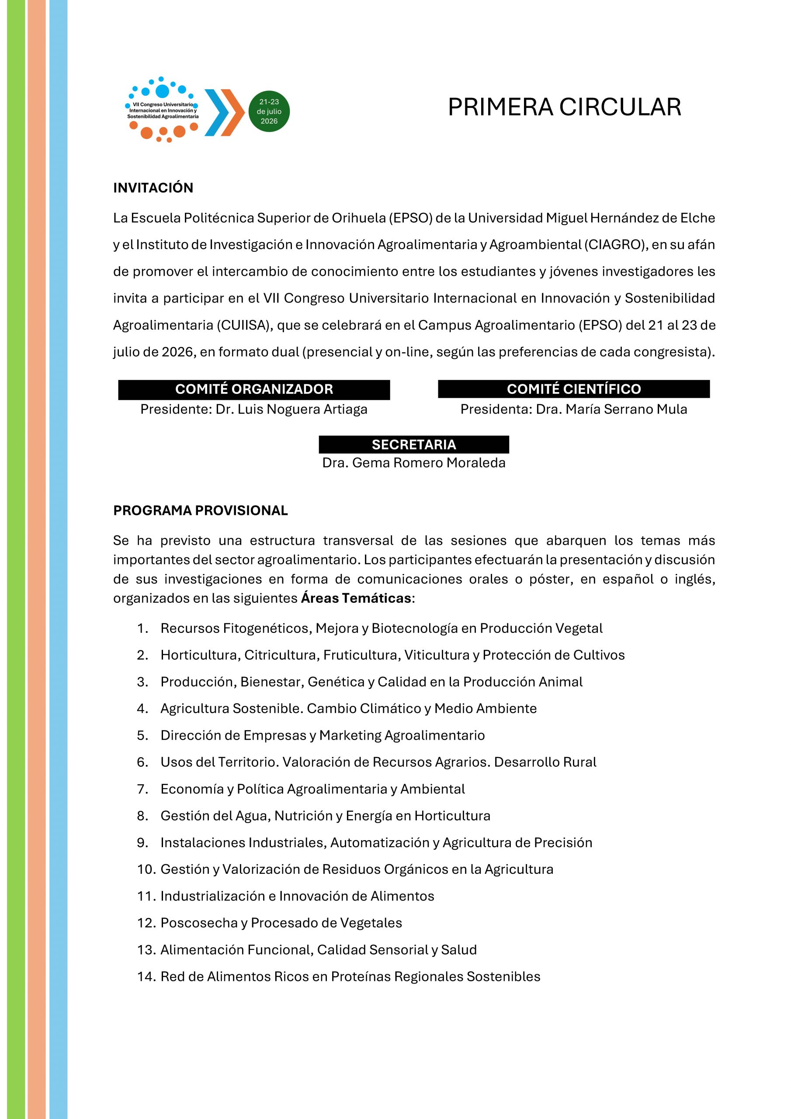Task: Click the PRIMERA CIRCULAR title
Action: (564, 107)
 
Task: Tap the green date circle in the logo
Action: (269, 111)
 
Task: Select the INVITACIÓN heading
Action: (153, 188)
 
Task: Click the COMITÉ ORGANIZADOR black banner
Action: (254, 389)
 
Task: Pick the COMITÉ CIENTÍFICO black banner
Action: (574, 389)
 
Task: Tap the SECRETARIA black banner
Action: (414, 445)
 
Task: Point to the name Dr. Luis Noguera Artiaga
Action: (291, 410)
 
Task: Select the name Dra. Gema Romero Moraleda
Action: (414, 462)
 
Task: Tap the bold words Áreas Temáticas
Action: (356, 598)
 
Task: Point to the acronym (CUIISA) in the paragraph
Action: (244, 325)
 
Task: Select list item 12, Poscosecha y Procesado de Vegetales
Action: (281, 923)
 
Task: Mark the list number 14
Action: (146, 976)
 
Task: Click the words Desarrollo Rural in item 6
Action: (545, 762)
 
